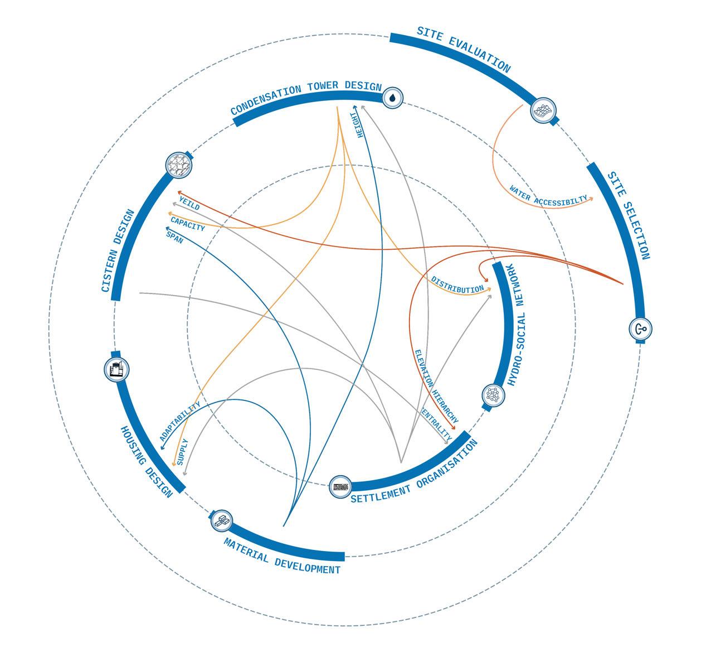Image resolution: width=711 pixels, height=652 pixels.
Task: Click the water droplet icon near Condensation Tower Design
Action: pyautogui.click(x=393, y=98)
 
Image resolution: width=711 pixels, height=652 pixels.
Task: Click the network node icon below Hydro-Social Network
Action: pyautogui.click(x=493, y=394)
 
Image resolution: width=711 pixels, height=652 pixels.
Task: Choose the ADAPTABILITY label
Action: pyautogui.click(x=179, y=421)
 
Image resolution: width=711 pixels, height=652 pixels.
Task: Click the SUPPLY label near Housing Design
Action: pyautogui.click(x=182, y=451)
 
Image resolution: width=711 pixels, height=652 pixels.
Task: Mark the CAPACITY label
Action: pyautogui.click(x=188, y=224)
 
